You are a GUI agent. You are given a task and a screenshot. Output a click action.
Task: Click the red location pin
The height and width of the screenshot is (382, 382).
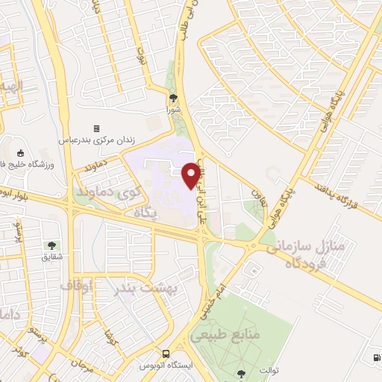point(194,175)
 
